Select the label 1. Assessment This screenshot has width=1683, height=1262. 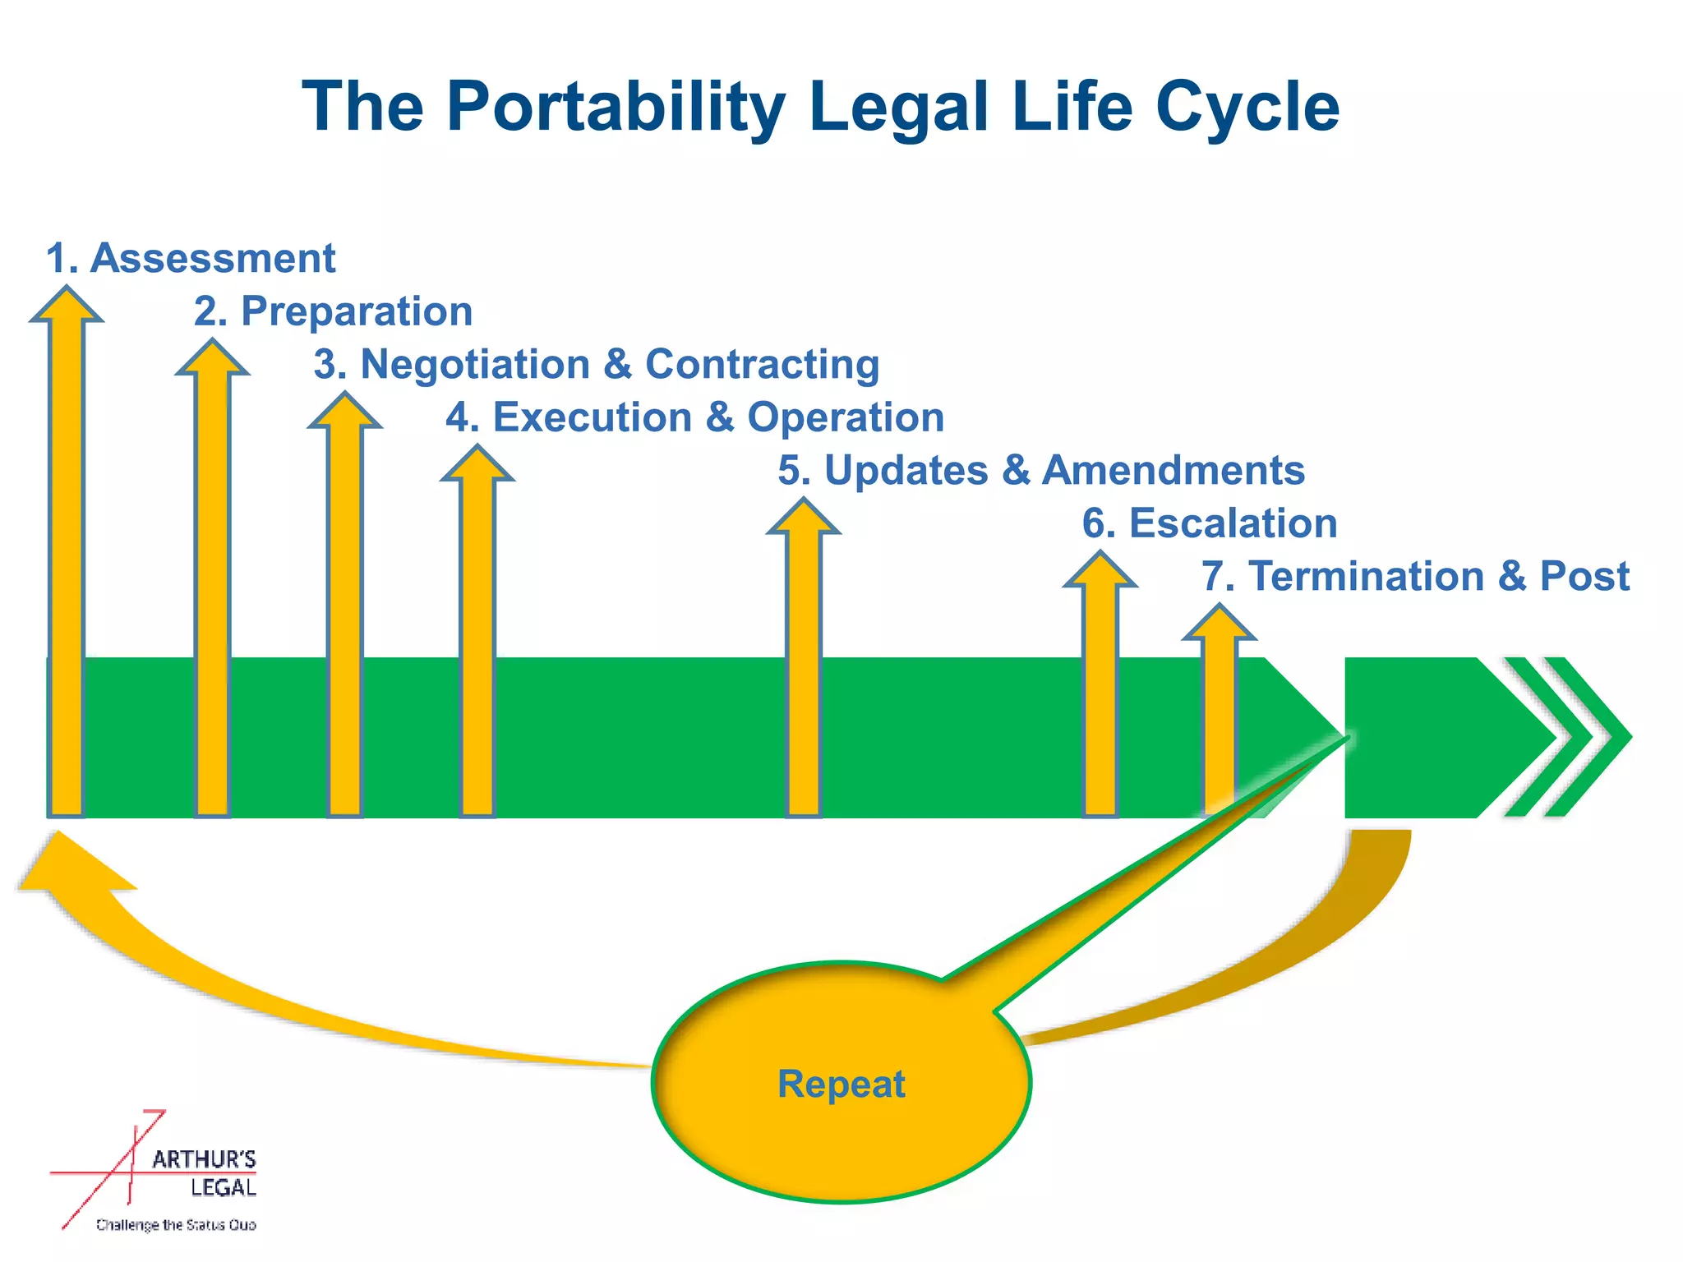(x=191, y=259)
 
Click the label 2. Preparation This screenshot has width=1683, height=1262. (x=334, y=312)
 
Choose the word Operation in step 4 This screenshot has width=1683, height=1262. (x=846, y=417)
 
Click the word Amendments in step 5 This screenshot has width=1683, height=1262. (x=1173, y=471)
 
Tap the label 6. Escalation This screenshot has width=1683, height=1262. (x=1210, y=524)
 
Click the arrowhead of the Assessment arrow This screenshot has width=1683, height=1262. (x=67, y=306)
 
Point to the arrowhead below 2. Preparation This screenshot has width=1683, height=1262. (x=212, y=359)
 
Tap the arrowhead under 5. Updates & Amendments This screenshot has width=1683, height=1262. (x=804, y=518)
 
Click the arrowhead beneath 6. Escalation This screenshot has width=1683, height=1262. (x=1100, y=571)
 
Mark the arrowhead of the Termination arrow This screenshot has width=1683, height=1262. (x=1219, y=624)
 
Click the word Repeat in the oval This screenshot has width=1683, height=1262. (x=841, y=1085)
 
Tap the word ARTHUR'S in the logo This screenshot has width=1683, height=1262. (x=204, y=1160)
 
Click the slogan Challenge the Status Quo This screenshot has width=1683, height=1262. (x=176, y=1225)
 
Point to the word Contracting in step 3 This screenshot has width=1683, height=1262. (x=762, y=365)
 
